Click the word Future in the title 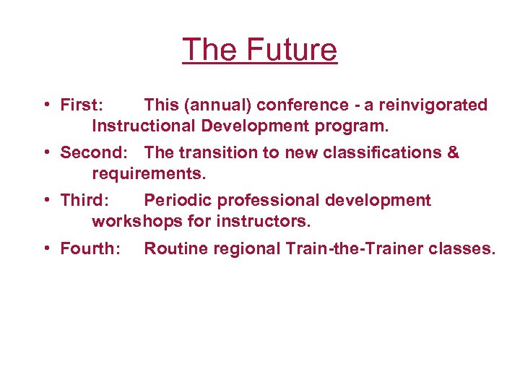pyautogui.click(x=292, y=50)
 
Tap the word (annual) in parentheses pyautogui.click(x=217, y=105)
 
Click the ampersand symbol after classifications pyautogui.click(x=453, y=152)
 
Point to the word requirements pyautogui.click(x=148, y=174)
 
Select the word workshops pyautogui.click(x=136, y=222)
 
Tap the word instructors pyautogui.click(x=266, y=222)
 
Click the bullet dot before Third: pyautogui.click(x=45, y=200)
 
